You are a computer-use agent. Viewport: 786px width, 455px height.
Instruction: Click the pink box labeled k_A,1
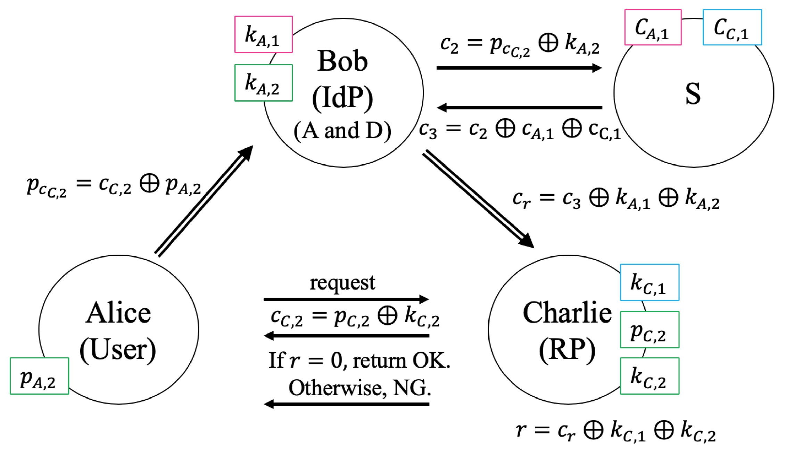[x=263, y=34]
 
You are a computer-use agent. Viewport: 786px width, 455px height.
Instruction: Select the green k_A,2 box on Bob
[x=263, y=83]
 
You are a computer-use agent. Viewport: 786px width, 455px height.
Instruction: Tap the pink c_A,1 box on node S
[x=653, y=27]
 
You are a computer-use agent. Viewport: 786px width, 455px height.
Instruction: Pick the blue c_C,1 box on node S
[x=732, y=27]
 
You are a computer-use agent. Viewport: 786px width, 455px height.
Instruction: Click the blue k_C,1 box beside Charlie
[x=649, y=282]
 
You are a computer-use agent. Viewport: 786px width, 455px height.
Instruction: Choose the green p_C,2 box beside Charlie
[x=649, y=330]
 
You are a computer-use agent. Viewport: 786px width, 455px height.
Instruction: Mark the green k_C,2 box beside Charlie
[x=649, y=376]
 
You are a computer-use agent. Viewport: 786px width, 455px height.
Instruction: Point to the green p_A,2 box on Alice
[x=39, y=376]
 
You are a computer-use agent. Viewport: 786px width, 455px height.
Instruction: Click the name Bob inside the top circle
[x=342, y=61]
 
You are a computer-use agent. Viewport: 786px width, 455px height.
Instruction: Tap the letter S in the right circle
[x=693, y=94]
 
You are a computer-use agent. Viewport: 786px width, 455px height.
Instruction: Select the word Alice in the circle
[x=118, y=313]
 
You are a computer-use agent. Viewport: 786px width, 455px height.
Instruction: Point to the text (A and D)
[x=342, y=131]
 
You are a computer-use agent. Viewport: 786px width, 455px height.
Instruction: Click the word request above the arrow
[x=342, y=283]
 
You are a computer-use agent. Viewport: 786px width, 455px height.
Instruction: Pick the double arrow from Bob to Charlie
[x=478, y=198]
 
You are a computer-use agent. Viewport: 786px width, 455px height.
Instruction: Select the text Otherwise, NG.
[x=359, y=388]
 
